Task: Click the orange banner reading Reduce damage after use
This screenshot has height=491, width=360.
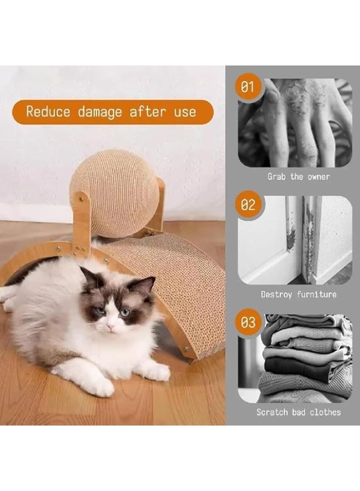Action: coord(112,112)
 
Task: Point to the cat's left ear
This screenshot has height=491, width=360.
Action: coord(146,285)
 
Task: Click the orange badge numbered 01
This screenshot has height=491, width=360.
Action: coord(248,87)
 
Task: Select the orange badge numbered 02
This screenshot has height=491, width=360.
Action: coord(248,205)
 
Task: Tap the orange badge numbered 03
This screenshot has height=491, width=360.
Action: coord(248,323)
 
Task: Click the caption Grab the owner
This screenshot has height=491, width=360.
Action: coord(298,177)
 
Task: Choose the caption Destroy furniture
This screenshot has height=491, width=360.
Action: coord(298,295)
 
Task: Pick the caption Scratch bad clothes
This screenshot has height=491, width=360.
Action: coord(298,412)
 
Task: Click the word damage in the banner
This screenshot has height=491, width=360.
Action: coord(100,112)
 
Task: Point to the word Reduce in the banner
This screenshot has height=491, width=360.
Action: coord(48,112)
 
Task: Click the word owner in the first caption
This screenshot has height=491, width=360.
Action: coord(317,177)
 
